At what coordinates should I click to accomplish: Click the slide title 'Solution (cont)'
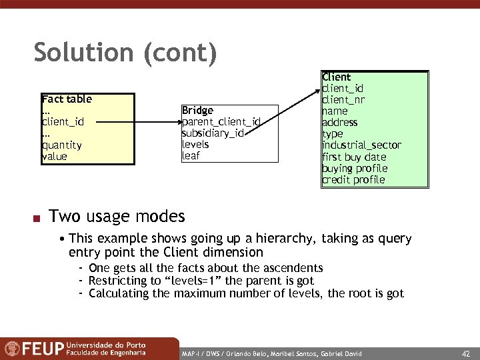click(x=125, y=53)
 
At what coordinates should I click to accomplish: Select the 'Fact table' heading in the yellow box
click(x=67, y=99)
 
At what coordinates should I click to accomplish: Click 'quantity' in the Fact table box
click(x=61, y=145)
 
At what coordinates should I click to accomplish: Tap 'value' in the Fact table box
click(x=54, y=157)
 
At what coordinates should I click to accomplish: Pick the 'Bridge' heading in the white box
click(x=197, y=110)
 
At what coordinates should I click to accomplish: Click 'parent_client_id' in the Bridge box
click(x=221, y=121)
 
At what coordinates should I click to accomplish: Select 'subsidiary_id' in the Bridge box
click(x=213, y=133)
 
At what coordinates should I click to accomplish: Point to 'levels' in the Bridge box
click(x=195, y=144)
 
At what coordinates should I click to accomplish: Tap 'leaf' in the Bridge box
click(x=191, y=156)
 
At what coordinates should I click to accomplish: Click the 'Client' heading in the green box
click(x=337, y=77)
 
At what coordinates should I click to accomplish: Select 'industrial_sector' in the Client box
click(x=361, y=145)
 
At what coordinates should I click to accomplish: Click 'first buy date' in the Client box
click(x=354, y=157)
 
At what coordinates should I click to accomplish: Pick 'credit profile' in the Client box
click(x=353, y=180)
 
